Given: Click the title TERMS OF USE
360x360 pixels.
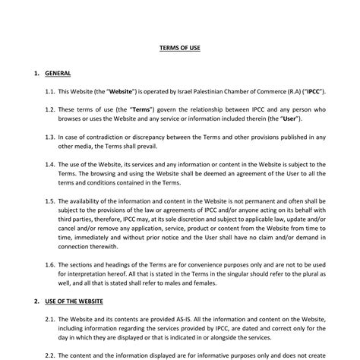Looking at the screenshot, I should (180, 47).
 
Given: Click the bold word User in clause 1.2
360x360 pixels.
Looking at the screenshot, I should (289, 118).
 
